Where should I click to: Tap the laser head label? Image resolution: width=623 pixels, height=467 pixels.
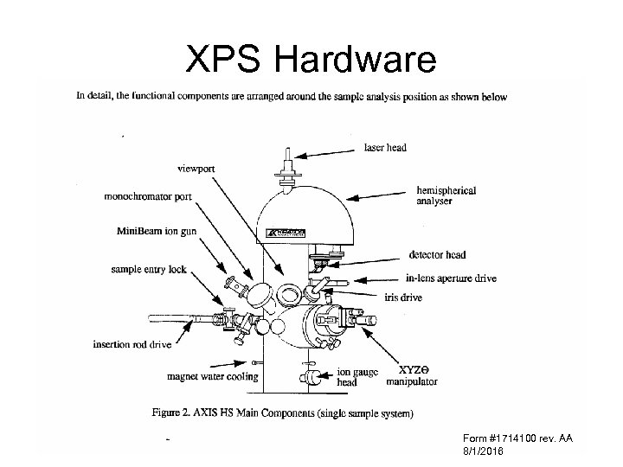tap(385, 148)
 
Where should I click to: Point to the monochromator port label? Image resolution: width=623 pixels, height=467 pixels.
tap(148, 197)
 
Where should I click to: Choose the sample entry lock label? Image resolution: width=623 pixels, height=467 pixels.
tap(149, 269)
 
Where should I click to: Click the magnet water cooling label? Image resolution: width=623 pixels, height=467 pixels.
tap(213, 376)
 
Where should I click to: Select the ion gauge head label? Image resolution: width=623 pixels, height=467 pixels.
tap(356, 377)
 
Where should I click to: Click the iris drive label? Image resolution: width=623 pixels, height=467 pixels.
tap(404, 297)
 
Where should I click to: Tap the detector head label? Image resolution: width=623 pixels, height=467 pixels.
tap(437, 254)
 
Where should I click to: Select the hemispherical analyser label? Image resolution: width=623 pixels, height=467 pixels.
tap(446, 195)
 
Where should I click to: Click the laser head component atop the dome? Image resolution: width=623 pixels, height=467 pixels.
tap(287, 164)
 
